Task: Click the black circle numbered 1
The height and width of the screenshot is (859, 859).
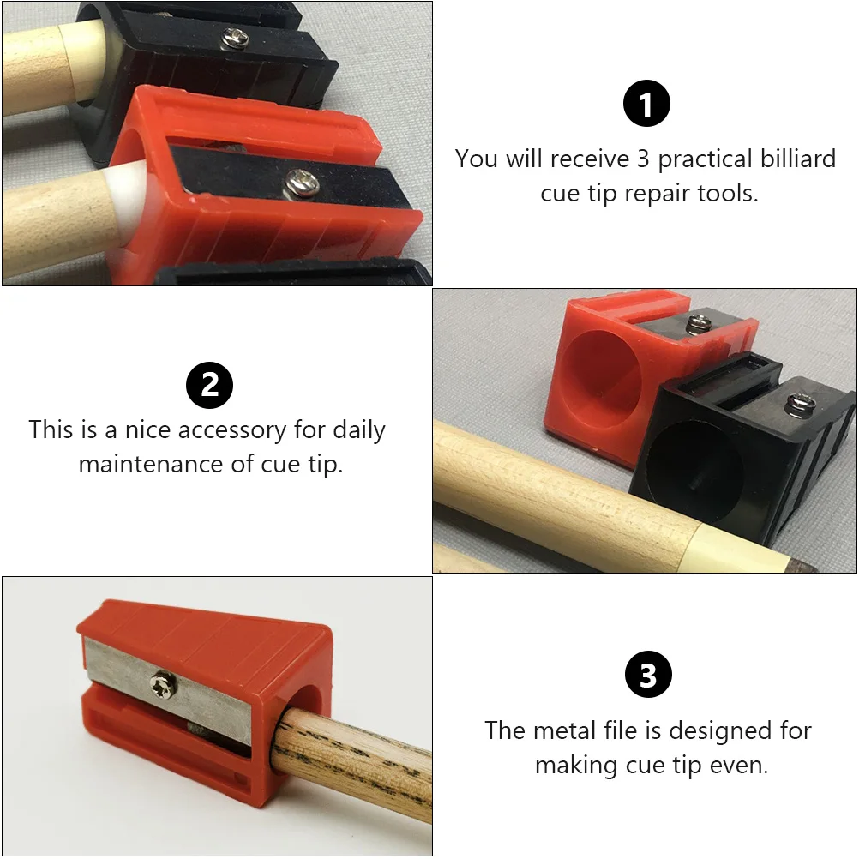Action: click(646, 105)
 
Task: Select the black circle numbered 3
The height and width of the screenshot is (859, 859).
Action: click(648, 676)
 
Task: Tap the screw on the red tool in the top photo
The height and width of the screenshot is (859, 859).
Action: click(299, 180)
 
